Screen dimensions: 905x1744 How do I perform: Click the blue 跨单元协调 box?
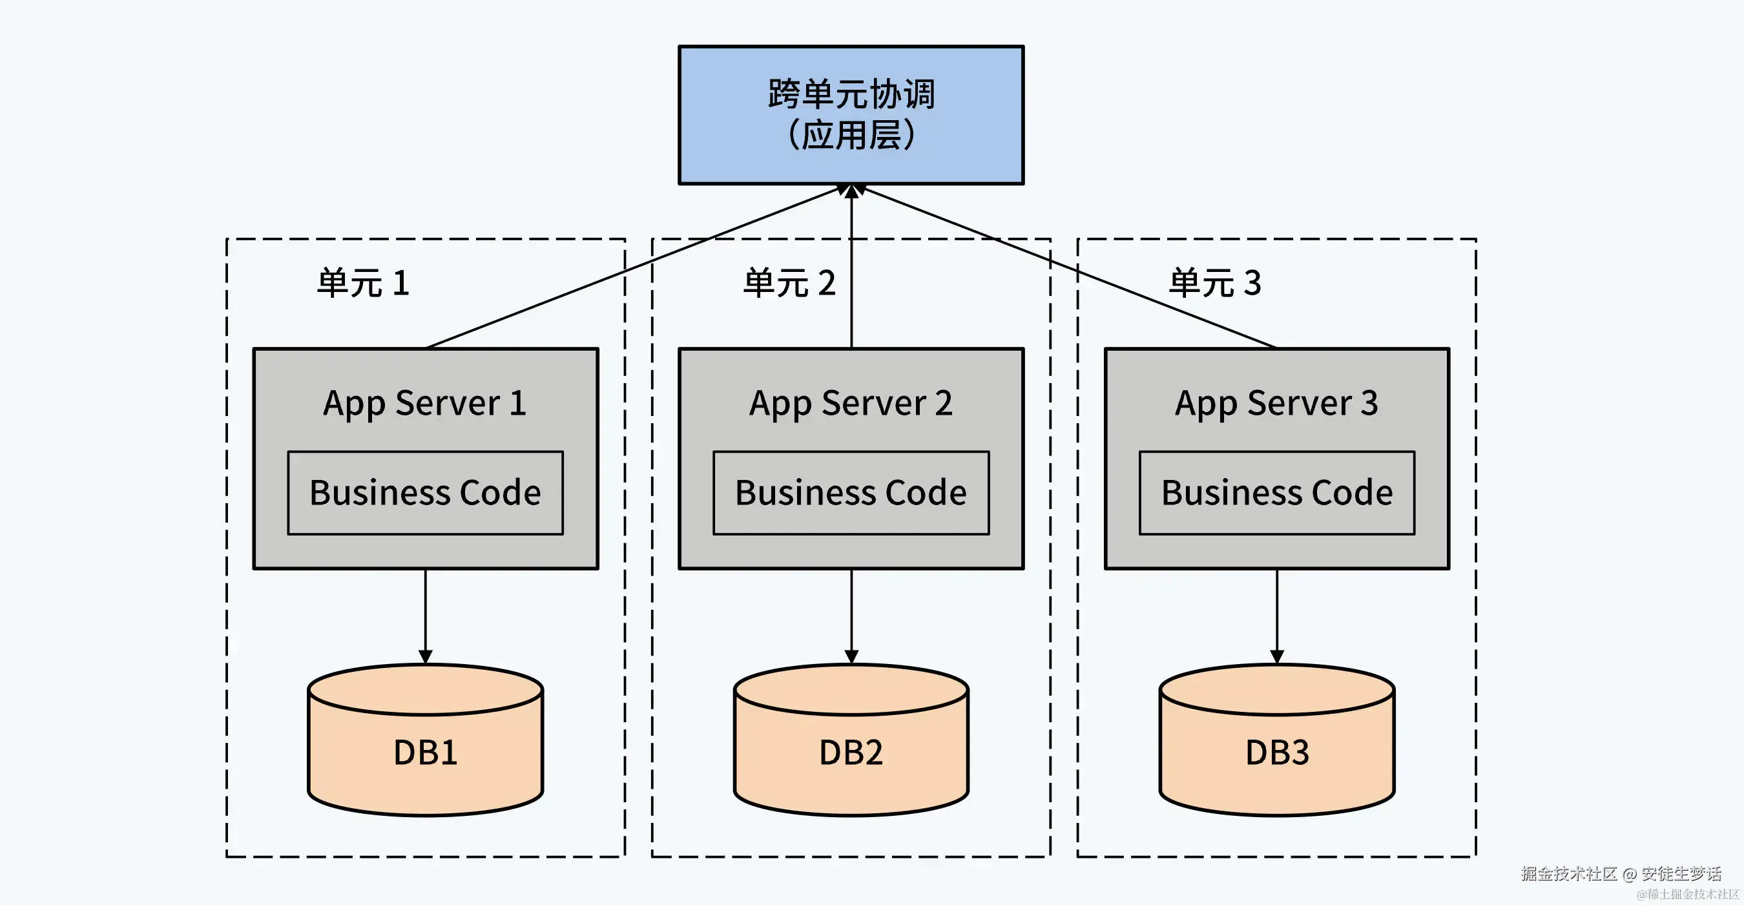pos(851,114)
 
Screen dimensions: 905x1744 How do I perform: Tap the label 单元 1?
pos(363,283)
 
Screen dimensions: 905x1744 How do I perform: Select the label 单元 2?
pos(789,283)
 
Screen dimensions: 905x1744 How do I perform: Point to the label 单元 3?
pos(1214,283)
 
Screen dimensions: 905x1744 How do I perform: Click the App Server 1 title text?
pos(424,404)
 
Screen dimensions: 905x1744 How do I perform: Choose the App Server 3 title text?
pos(1276,404)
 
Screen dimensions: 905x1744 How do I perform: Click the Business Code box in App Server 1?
pos(425,493)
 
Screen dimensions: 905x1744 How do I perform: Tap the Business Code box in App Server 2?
pos(851,493)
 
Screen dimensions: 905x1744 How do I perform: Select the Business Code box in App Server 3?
pos(1277,493)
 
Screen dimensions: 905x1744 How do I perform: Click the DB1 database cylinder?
pos(425,751)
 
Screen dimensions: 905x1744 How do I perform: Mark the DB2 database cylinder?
pos(851,751)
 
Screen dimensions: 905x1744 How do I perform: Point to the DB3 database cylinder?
pos(1277,751)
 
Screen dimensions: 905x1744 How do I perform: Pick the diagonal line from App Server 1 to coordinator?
pos(633,267)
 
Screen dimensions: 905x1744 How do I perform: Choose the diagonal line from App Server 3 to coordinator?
pos(1070,267)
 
